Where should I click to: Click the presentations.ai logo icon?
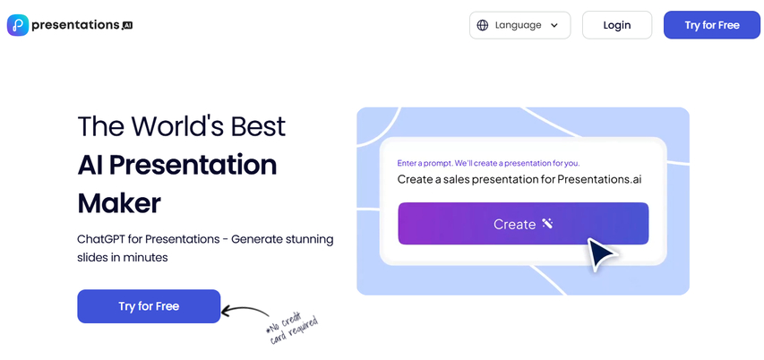coord(17,25)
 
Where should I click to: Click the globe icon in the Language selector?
coord(483,25)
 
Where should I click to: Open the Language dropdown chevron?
coord(555,25)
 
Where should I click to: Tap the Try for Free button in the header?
coord(712,25)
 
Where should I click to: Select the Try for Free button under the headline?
coord(149,306)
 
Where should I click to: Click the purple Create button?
coord(523,224)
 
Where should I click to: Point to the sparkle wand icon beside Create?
coord(547,224)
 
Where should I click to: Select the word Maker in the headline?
coord(119,203)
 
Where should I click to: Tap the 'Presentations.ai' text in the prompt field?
coord(599,179)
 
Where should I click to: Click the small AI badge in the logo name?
coord(126,26)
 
